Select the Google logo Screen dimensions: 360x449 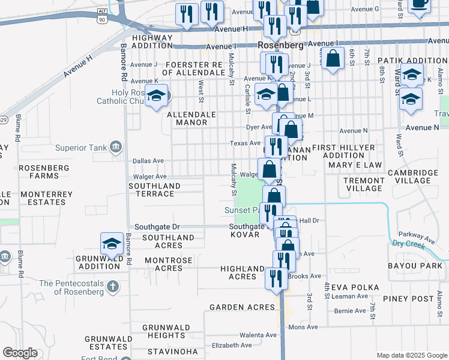click(x=20, y=353)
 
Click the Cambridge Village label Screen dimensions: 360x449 click(x=412, y=176)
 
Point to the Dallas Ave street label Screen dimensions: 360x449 click(x=148, y=161)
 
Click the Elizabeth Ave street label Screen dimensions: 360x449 click(x=232, y=346)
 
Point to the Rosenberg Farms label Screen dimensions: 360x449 click(x=38, y=172)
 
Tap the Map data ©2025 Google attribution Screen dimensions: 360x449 click(x=411, y=355)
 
